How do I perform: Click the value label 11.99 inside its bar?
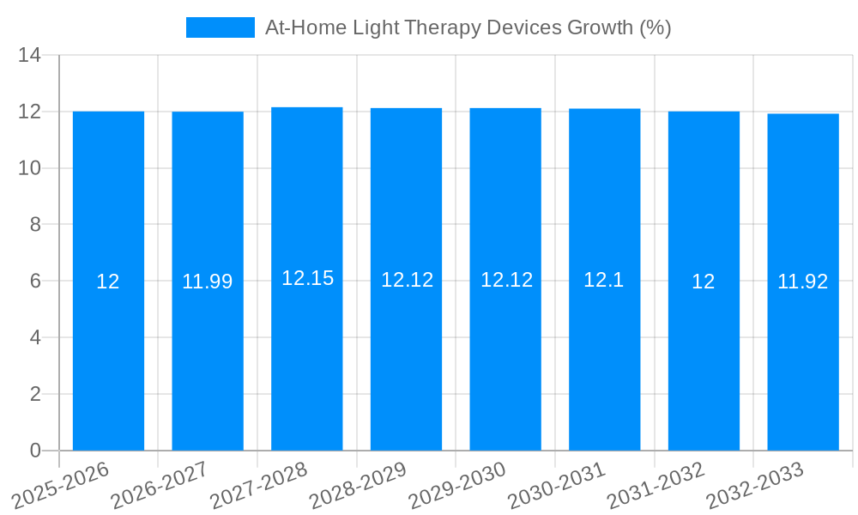click(208, 282)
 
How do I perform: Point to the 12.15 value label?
click(307, 278)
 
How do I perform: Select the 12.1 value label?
click(605, 280)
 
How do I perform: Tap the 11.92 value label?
click(803, 282)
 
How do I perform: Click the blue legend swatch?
click(221, 27)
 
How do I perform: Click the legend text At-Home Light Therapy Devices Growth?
click(468, 27)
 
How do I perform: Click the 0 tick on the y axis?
click(35, 451)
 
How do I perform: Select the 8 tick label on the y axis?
click(35, 225)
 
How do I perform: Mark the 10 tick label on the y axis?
click(30, 168)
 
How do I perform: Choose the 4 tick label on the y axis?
click(35, 337)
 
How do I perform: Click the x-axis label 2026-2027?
click(159, 486)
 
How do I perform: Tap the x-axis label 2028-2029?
click(357, 486)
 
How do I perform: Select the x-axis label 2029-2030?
click(456, 486)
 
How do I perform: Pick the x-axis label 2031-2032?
click(656, 486)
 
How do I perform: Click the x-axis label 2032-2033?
click(755, 486)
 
